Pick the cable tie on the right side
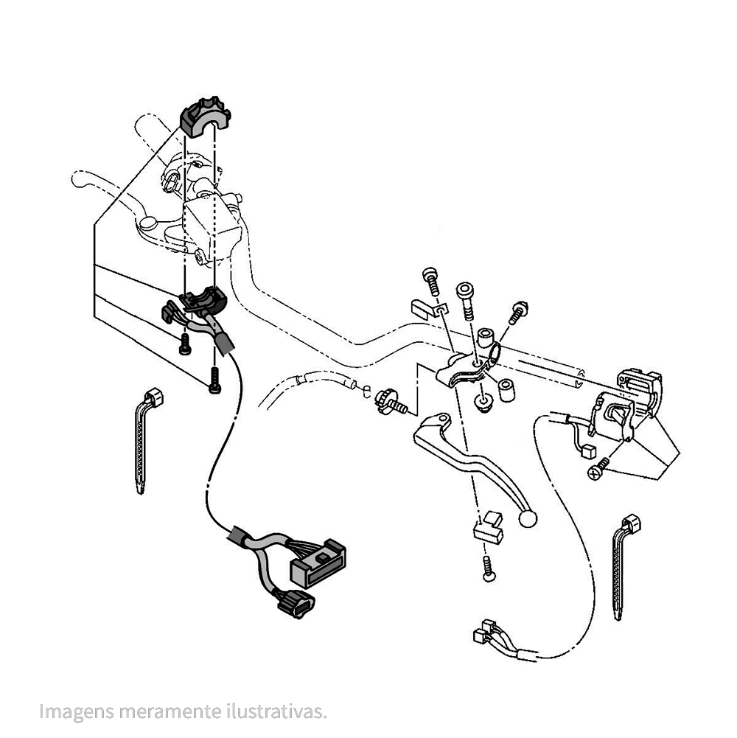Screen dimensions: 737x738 (624, 565)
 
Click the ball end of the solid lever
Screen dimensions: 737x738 (527, 519)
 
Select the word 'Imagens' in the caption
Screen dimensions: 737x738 (76, 711)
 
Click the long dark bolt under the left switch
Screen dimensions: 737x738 (214, 380)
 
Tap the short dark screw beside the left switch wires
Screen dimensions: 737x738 (185, 344)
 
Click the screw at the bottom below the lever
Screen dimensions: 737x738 (489, 568)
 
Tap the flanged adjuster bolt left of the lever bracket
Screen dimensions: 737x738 (390, 402)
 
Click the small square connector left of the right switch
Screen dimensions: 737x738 (588, 452)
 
